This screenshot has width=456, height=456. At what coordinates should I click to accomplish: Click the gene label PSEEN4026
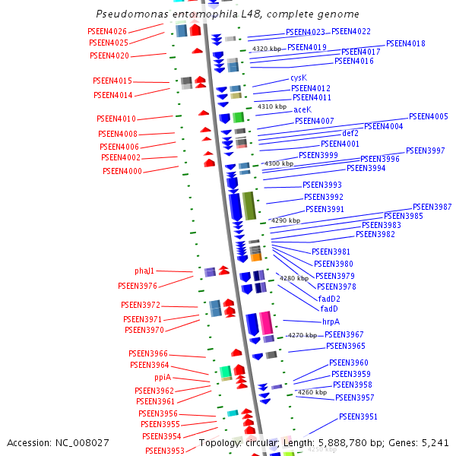(108, 31)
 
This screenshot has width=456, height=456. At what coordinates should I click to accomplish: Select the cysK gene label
(299, 78)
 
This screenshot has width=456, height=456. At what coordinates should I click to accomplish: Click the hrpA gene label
(331, 321)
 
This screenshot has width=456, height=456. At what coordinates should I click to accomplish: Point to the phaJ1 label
(144, 271)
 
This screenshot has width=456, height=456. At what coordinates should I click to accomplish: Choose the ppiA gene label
(163, 377)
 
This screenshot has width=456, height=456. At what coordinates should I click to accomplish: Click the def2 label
(350, 133)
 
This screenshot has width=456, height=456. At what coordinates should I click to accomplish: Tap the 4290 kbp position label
(285, 220)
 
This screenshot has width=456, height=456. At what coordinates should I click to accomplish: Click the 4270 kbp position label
(302, 335)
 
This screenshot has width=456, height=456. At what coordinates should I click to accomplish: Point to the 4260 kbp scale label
(312, 392)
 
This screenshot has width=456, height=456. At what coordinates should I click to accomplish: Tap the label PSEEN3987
(432, 207)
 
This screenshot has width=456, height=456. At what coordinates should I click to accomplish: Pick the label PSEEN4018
(405, 44)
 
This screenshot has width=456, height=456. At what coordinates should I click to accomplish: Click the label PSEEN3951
(358, 416)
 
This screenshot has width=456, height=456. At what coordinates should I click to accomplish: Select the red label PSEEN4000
(122, 171)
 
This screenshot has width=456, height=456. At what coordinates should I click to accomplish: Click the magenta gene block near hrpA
(265, 322)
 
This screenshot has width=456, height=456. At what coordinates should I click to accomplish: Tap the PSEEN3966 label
(148, 353)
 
